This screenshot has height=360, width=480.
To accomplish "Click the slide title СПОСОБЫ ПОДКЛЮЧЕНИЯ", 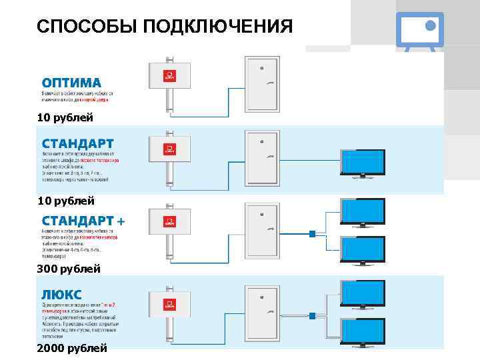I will [165, 27].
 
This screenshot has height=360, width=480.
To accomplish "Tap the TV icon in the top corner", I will [419, 31].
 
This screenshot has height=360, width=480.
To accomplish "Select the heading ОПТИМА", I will [72, 83].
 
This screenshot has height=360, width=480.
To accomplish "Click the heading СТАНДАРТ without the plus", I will [78, 144].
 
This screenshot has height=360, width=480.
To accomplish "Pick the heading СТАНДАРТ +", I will [83, 221].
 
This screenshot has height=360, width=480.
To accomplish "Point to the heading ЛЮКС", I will [62, 294].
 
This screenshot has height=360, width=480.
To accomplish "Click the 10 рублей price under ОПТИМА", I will [65, 118].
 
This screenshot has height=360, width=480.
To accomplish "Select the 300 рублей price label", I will [69, 269].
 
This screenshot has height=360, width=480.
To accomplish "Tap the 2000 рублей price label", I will [72, 348].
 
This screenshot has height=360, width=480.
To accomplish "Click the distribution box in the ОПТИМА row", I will [170, 76].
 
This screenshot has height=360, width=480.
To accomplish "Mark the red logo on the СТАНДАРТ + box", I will [170, 223].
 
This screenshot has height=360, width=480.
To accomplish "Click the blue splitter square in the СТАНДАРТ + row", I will [311, 233].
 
